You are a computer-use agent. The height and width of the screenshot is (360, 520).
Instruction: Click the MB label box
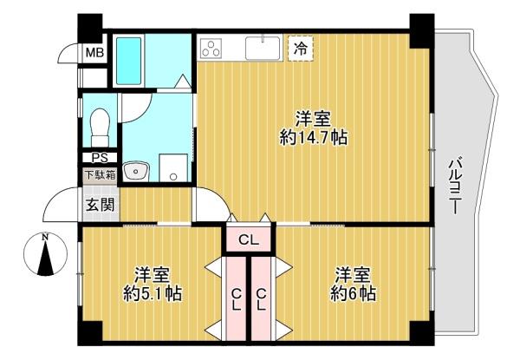(93, 53)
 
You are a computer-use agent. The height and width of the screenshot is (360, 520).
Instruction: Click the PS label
(99, 158)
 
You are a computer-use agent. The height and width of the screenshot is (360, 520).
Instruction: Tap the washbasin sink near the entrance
(137, 171)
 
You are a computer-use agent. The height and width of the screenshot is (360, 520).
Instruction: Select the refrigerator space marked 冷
(300, 49)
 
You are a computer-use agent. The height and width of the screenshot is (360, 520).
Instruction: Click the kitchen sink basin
(262, 49)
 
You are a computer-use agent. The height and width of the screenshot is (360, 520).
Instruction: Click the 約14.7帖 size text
(314, 137)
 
